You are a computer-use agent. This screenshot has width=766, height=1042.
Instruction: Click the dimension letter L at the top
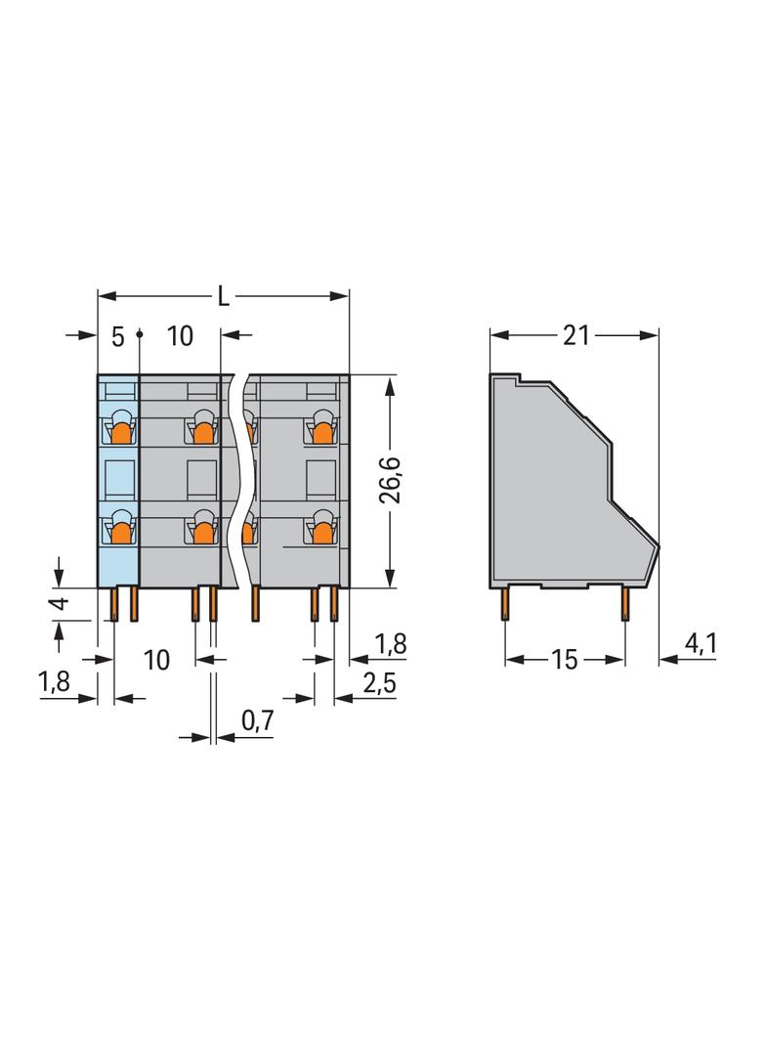pos(224,297)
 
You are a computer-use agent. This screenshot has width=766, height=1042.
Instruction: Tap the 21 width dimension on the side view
pos(575,335)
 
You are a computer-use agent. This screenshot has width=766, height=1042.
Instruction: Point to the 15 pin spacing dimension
pos(564,660)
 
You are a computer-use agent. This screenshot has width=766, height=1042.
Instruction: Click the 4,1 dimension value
pos(701,643)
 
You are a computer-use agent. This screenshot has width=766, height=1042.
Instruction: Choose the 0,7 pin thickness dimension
pos(257,720)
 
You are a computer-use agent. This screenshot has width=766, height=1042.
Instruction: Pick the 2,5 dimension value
pos(379,682)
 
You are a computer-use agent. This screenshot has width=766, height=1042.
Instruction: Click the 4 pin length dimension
pos(60,603)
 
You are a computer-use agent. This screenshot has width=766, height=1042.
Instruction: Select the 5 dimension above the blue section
pos(117,337)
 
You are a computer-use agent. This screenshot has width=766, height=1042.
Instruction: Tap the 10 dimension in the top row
pos(180,336)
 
